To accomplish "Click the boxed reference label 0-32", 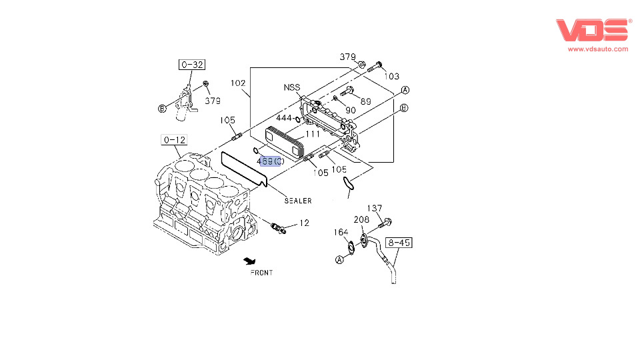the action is click(x=192, y=65).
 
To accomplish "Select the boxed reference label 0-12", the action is click(x=174, y=140).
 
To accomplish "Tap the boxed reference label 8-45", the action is click(x=399, y=243).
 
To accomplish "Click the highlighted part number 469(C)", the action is click(x=270, y=161).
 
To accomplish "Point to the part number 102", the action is click(x=238, y=83).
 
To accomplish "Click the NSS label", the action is click(x=292, y=87).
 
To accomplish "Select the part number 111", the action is click(x=313, y=134).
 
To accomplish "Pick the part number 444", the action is click(x=284, y=118).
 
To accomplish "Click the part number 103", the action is click(x=392, y=76).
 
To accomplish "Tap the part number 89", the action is click(x=366, y=101).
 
